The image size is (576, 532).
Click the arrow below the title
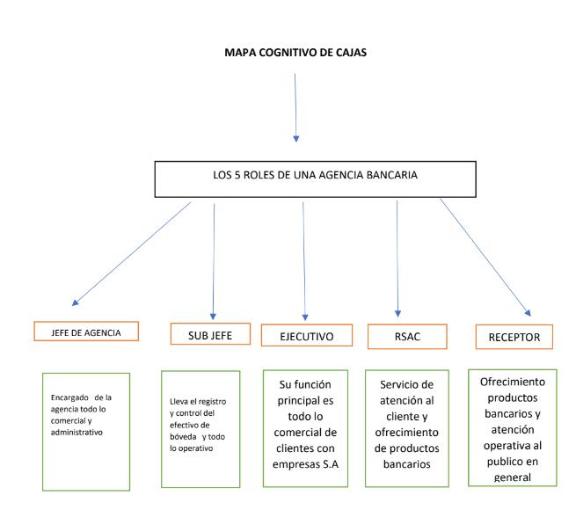(295, 106)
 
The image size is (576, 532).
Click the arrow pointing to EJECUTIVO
(303, 255)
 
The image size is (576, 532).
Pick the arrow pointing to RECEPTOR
(485, 255)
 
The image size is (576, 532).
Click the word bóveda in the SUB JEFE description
(186, 437)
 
